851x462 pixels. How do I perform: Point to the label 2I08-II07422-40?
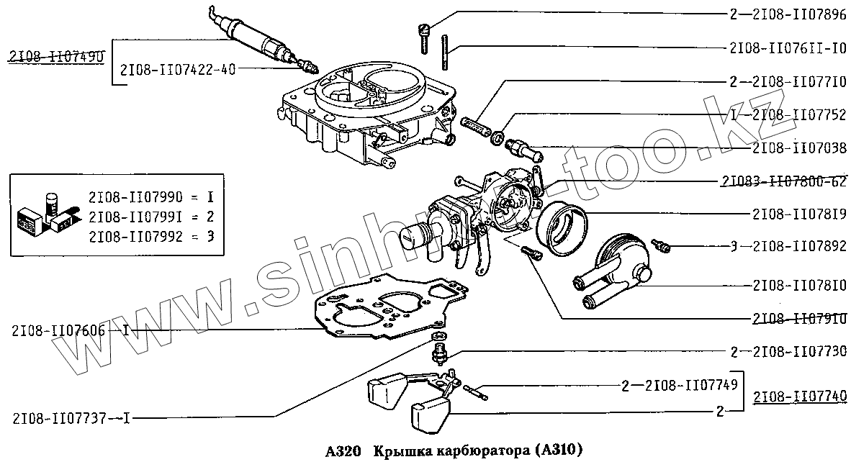coord(178,70)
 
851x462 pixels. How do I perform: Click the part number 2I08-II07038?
coord(799,147)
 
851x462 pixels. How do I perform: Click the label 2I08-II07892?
coord(799,247)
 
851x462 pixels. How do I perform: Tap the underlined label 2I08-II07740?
coord(800,397)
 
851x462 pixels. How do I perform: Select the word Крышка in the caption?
coord(403,451)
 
